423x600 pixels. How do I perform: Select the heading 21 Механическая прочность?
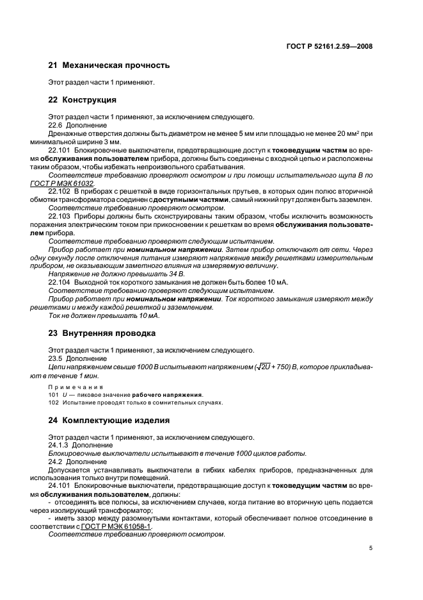click(x=109, y=65)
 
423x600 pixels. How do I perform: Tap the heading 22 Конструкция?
click(x=83, y=100)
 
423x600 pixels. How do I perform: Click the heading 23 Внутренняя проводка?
click(x=102, y=333)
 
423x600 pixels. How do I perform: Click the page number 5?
click(x=371, y=548)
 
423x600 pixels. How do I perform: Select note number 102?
click(x=54, y=403)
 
